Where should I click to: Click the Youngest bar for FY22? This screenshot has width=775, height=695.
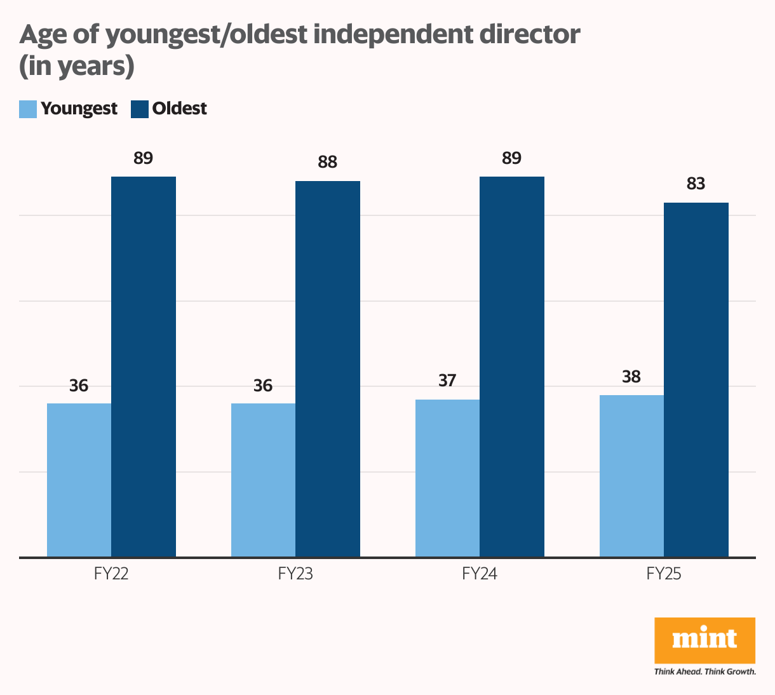tap(79, 480)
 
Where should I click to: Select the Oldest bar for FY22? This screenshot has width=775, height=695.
tap(144, 367)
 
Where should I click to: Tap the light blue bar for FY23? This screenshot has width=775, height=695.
tap(264, 480)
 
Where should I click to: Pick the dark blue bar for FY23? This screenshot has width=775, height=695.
tap(328, 369)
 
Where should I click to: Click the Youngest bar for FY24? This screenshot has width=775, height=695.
tap(448, 478)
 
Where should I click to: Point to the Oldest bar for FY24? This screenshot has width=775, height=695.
tap(512, 367)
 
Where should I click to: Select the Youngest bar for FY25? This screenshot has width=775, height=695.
tap(632, 476)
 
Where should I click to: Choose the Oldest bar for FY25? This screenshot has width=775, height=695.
tap(696, 380)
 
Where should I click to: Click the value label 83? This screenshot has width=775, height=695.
tap(696, 184)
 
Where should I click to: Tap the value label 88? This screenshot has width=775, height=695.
tap(328, 163)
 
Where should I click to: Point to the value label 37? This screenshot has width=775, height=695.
tap(448, 381)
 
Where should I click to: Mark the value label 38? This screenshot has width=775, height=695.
tap(632, 377)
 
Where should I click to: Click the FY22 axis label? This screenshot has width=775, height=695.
tap(112, 574)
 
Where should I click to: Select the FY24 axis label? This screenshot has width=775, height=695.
tap(480, 574)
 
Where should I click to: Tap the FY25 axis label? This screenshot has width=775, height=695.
tap(664, 574)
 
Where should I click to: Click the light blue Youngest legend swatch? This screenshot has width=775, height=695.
tap(28, 109)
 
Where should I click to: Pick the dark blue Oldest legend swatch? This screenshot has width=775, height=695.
tap(140, 109)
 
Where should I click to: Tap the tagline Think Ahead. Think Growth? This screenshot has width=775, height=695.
tap(705, 671)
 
